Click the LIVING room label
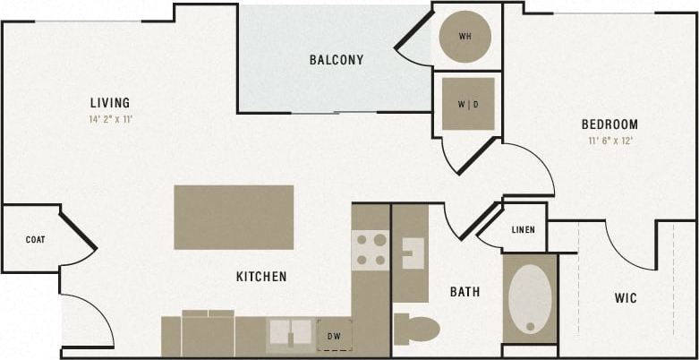click(110, 102)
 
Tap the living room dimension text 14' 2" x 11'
click(110, 119)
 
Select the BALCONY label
click(337, 60)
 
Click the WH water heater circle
click(465, 37)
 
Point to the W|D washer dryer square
click(467, 104)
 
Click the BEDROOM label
click(609, 124)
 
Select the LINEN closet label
click(524, 230)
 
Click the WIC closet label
click(626, 297)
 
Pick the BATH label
click(465, 291)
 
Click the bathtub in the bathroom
click(530, 299)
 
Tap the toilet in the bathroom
click(416, 329)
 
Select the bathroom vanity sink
click(412, 253)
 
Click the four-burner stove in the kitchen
click(370, 251)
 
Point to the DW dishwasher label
click(335, 336)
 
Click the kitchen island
click(234, 217)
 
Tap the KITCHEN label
click(261, 277)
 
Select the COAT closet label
click(36, 240)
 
